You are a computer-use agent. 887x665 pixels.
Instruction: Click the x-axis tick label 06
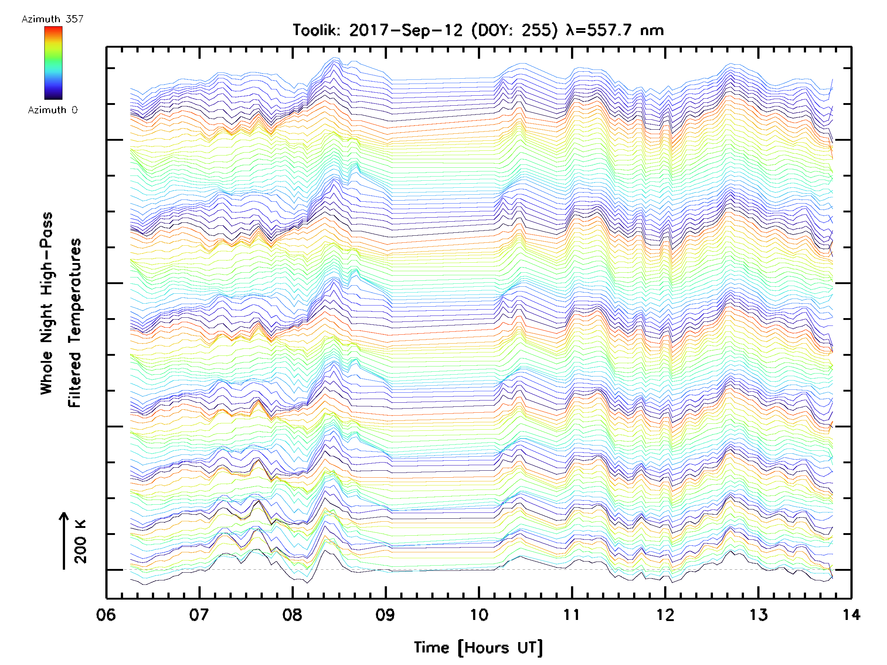(x=106, y=615)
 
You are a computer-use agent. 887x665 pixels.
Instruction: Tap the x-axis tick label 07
(x=199, y=615)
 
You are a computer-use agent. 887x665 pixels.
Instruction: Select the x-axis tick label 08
(x=292, y=615)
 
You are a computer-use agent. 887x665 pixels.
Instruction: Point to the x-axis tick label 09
(x=385, y=615)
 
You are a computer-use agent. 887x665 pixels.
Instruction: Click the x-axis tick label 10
(x=479, y=615)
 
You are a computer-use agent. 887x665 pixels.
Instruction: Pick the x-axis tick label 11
(x=572, y=615)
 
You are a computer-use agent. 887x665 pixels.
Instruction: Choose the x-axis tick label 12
(x=665, y=615)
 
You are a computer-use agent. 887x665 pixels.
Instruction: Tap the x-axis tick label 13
(x=758, y=615)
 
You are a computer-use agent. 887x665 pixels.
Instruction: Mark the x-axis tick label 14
(x=851, y=615)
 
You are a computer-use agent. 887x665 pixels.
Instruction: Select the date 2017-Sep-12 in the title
(x=406, y=30)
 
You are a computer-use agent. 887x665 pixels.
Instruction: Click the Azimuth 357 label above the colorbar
(x=52, y=19)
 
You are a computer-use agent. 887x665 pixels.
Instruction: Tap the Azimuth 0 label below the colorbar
(x=52, y=110)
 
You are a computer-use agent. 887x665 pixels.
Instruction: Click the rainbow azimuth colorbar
(x=53, y=63)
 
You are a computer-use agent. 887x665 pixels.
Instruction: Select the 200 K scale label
(x=81, y=542)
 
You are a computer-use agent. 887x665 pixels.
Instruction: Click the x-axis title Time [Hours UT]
(x=478, y=648)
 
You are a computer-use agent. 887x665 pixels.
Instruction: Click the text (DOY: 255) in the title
(x=514, y=30)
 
